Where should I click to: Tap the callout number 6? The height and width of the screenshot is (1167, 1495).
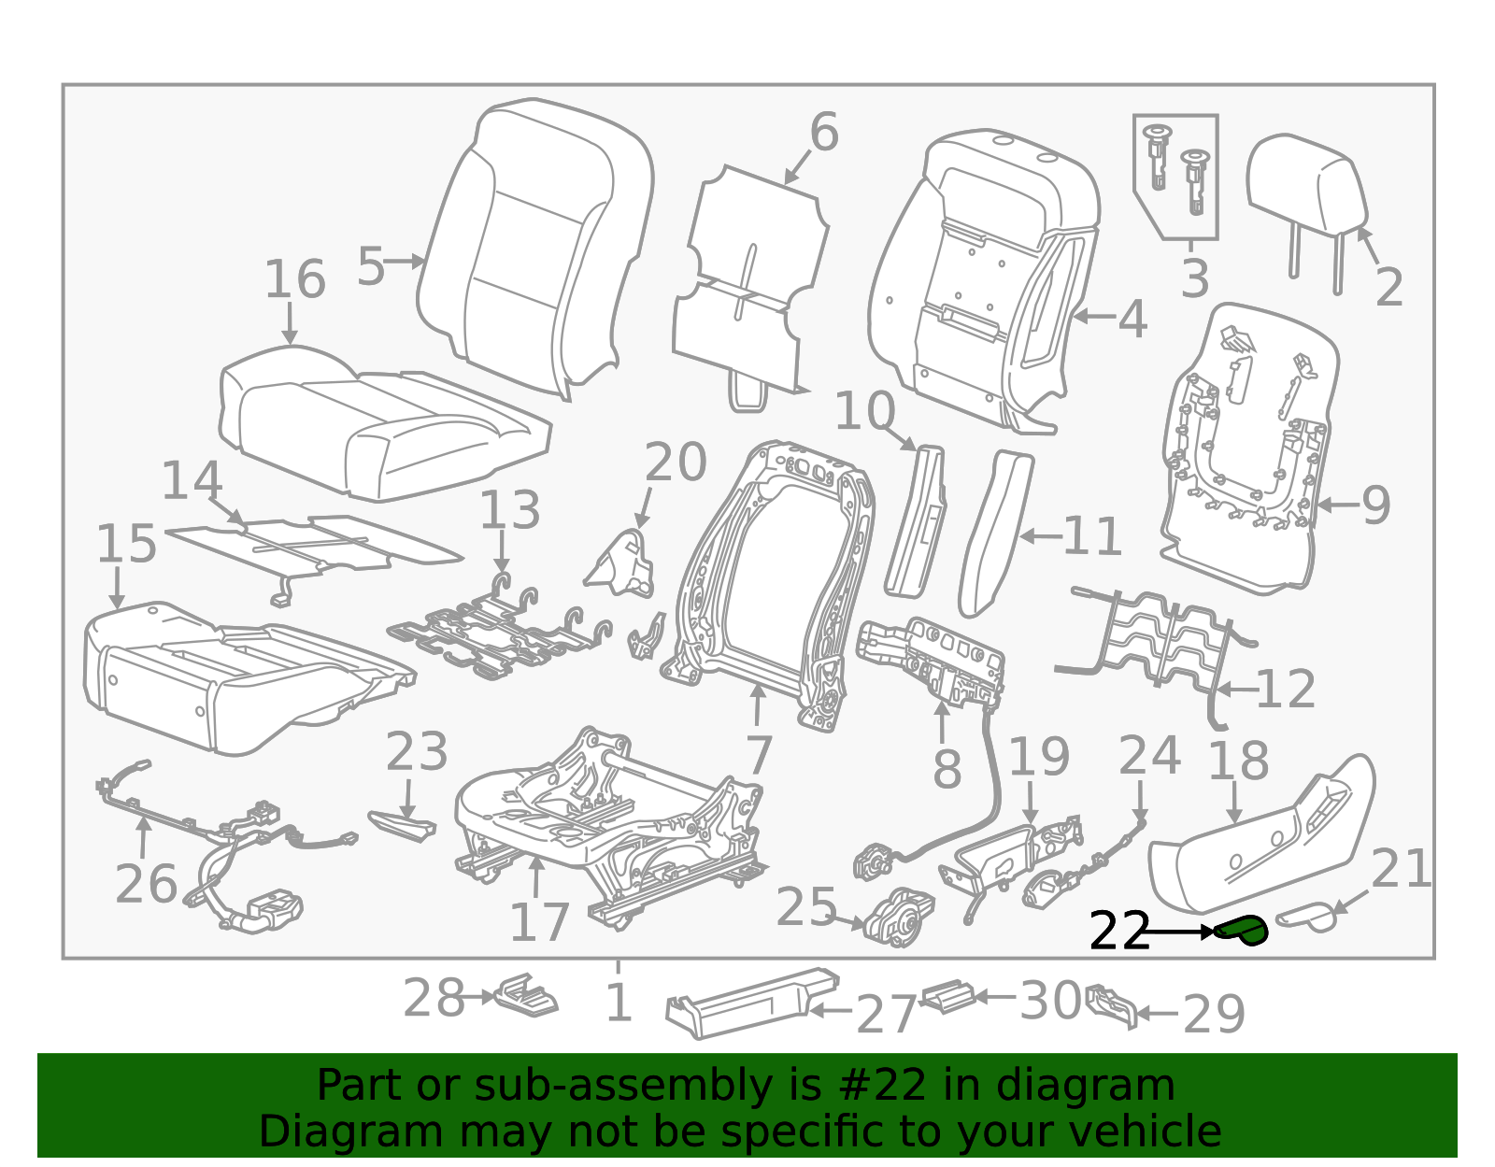[x=824, y=132]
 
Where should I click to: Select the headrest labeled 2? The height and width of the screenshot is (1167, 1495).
[x=1307, y=199]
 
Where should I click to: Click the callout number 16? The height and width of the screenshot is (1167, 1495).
[x=295, y=279]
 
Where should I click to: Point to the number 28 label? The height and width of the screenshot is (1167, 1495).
[x=434, y=999]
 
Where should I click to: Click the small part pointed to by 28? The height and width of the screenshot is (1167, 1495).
[x=527, y=994]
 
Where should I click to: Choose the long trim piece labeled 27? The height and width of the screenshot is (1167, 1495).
[x=752, y=1003]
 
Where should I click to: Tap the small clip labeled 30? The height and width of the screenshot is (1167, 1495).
[x=948, y=997]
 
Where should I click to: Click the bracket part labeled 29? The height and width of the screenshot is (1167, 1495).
[x=1111, y=1005]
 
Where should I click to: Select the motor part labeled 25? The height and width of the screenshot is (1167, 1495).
[x=899, y=918]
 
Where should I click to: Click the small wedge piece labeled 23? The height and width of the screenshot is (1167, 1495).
[x=403, y=825]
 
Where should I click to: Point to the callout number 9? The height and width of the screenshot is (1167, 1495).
[x=1376, y=505]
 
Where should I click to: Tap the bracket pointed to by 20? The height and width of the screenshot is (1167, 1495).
[x=622, y=564]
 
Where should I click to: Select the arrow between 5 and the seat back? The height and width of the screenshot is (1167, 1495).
[x=404, y=262]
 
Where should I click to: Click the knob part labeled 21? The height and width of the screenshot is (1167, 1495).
[x=1305, y=918]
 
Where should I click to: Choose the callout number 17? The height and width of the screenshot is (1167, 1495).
[x=539, y=923]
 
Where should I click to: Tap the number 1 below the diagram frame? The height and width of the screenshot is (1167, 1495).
[x=618, y=1002]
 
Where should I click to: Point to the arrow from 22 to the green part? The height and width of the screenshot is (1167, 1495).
[x=1178, y=932]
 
